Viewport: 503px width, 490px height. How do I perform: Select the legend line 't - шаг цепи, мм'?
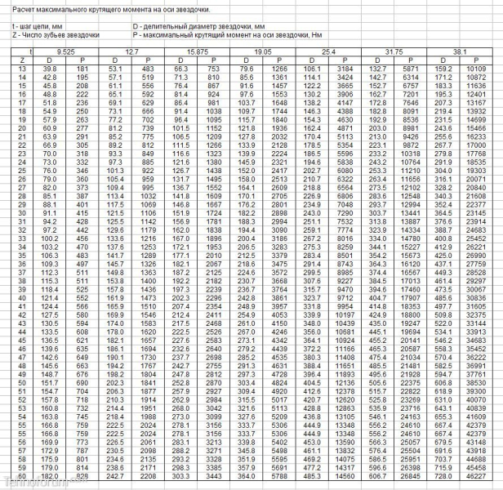click(x=38, y=27)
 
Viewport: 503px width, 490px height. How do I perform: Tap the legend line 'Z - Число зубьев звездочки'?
click(x=56, y=35)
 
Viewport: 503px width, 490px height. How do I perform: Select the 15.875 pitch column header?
click(x=198, y=51)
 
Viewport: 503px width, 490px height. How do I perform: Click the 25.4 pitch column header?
click(x=328, y=51)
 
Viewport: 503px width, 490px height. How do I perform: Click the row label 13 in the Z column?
click(x=20, y=69)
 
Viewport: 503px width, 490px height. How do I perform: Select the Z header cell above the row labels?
click(x=20, y=60)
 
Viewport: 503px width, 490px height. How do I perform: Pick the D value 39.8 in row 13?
click(x=50, y=69)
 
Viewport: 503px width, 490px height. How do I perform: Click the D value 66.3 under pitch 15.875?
click(x=182, y=69)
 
